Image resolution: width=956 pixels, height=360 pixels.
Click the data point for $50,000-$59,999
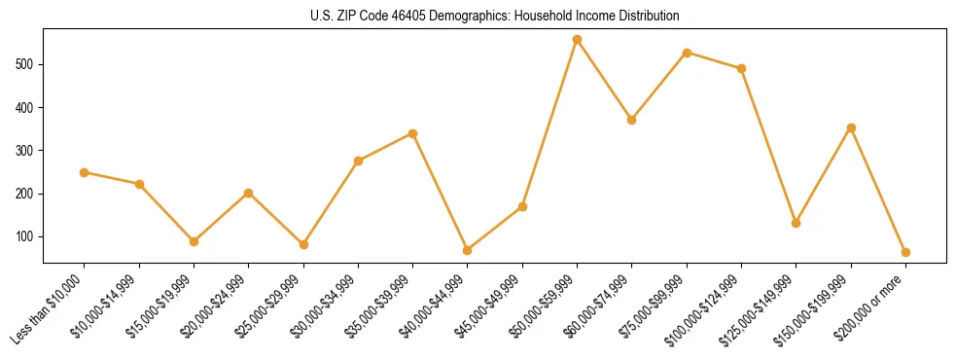coord(577,40)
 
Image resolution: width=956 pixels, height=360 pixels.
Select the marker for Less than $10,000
coord(85,172)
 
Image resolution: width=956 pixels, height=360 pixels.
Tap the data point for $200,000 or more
coord(905,252)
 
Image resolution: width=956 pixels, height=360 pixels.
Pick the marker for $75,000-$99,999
coord(687,53)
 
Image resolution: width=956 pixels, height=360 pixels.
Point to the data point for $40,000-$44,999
coord(468,250)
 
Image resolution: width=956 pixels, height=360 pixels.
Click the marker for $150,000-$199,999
coord(851,127)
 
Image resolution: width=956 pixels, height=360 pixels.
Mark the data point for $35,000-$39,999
coord(413,133)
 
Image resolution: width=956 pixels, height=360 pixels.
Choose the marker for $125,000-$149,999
coord(797,223)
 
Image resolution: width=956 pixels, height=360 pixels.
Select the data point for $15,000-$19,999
coord(194,241)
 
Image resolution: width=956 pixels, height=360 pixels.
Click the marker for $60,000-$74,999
coord(632,120)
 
